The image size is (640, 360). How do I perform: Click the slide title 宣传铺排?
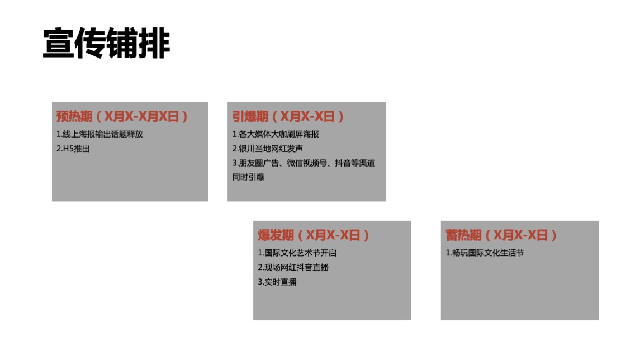(106, 44)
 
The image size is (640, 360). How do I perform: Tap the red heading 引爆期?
(250, 117)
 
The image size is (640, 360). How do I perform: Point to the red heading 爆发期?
(276, 235)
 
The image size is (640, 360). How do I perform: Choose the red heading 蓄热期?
(463, 235)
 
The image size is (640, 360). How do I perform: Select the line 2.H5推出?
(73, 149)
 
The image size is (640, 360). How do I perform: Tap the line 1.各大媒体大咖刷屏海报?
(276, 135)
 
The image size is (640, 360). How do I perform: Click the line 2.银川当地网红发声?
(267, 149)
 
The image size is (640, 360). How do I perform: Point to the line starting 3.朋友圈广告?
(304, 163)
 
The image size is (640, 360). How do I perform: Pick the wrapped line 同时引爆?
(248, 177)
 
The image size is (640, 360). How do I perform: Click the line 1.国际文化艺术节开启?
(297, 253)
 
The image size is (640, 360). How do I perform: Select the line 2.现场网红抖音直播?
(293, 268)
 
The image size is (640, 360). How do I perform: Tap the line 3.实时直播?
(277, 282)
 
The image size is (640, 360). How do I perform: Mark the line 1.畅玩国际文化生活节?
(485, 253)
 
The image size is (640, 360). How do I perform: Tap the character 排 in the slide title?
(154, 44)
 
